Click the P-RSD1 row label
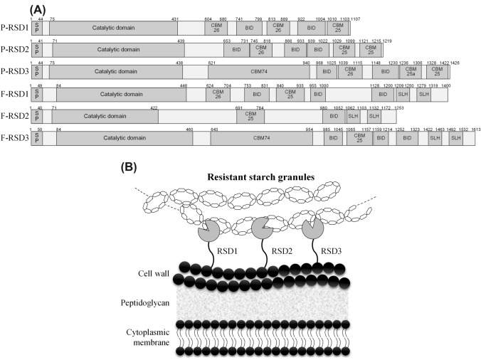(x=14, y=28)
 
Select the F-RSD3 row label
(x=14, y=138)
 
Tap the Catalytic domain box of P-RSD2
(x=118, y=50)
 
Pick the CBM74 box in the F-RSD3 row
(x=266, y=138)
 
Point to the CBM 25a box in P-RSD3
(x=410, y=72)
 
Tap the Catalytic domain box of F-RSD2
(x=104, y=116)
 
